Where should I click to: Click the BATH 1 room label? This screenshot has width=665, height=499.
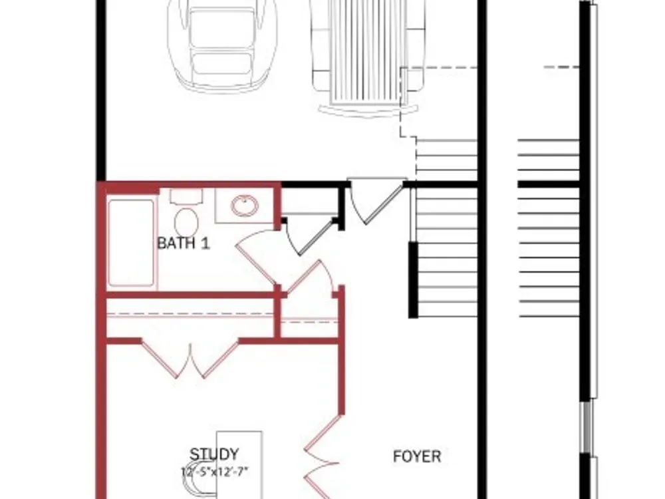(184, 243)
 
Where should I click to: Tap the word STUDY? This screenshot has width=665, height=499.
(213, 454)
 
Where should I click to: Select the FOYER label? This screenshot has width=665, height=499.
(417, 456)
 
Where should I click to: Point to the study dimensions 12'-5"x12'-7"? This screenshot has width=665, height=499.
(215, 472)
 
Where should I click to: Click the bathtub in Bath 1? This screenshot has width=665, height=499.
(131, 243)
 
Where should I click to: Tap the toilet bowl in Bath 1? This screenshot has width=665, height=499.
(187, 222)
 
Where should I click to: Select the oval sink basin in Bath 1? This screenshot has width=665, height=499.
(245, 206)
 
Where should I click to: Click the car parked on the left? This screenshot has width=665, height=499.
(222, 45)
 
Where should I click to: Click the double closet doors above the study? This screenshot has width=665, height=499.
(190, 359)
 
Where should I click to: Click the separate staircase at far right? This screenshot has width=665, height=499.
(549, 228)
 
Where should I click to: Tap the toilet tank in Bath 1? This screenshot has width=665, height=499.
(187, 196)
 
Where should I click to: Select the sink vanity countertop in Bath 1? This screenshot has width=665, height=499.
(244, 206)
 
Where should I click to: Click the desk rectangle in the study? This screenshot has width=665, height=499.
(239, 464)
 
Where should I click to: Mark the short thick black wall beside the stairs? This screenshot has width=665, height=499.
(413, 279)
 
